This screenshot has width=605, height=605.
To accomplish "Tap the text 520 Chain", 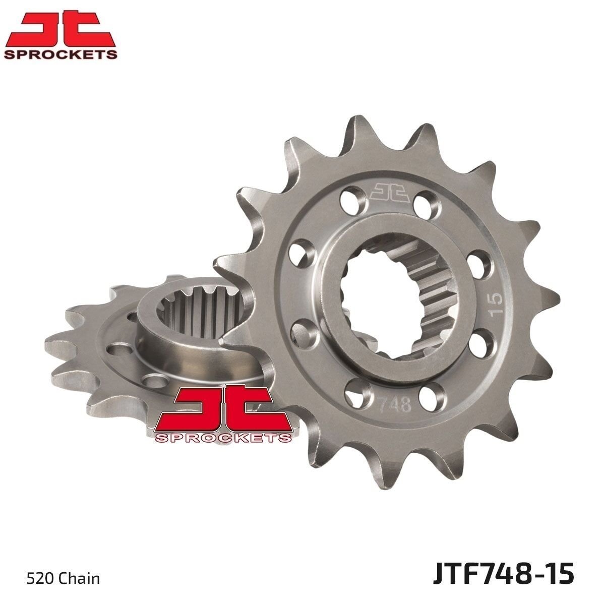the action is point(64,579).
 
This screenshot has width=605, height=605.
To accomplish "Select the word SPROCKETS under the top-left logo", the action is point(60,54).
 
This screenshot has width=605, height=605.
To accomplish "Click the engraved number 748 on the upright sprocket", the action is point(394,405).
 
